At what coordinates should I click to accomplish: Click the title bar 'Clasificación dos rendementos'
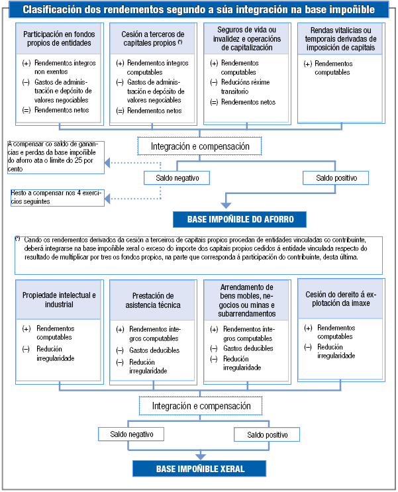[199, 10]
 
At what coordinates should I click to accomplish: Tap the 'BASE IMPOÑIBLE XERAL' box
[200, 469]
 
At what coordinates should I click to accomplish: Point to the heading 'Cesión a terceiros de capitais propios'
[152, 38]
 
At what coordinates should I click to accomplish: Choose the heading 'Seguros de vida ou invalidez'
[246, 38]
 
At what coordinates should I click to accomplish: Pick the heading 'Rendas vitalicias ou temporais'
[340, 38]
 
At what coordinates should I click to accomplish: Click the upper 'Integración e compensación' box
[200, 146]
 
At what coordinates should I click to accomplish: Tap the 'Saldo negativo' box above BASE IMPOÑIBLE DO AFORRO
[177, 178]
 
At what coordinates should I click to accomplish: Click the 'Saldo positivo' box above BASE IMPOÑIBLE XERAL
[266, 434]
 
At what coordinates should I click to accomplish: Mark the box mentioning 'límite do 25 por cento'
[56, 156]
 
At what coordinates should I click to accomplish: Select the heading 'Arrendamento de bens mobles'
[246, 299]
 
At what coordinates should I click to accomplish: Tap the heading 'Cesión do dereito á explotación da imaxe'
[340, 299]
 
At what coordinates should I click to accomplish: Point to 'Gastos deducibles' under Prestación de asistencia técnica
[154, 350]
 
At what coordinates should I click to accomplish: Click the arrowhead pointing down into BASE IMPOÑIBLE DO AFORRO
[227, 207]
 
